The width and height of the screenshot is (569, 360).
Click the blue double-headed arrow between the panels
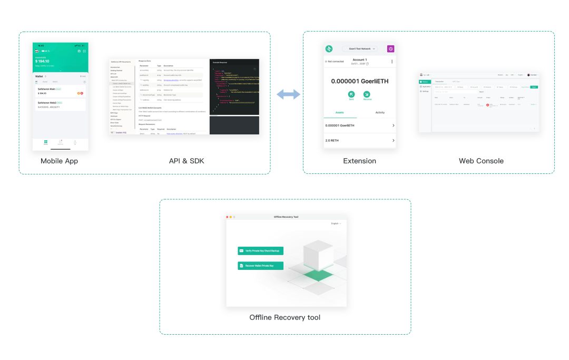288,94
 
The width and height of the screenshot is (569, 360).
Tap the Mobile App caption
59,161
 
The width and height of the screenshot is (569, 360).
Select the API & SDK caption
187,161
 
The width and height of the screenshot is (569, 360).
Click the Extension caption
359,161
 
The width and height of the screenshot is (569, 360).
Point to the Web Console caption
481,161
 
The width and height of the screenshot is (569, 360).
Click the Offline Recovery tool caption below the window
284,317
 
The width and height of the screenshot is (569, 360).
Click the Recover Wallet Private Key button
261,266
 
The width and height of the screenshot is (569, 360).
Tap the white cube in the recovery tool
317,255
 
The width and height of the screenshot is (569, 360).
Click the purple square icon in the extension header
390,48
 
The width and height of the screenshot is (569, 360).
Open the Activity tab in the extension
380,112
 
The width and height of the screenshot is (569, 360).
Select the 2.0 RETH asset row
359,141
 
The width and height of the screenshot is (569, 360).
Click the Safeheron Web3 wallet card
60,105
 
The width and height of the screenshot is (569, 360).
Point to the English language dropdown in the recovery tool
336,223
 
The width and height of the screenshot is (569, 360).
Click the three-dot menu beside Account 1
391,62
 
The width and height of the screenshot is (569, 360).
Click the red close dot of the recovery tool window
228,217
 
